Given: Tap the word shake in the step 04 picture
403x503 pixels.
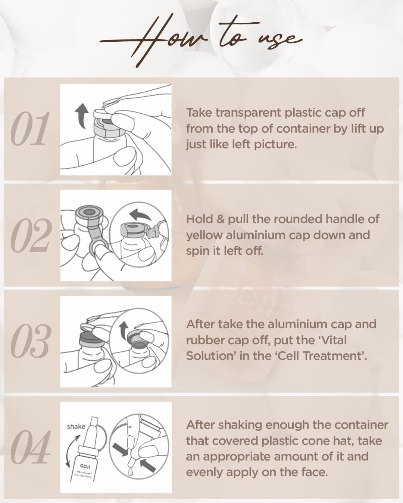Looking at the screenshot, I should (x=76, y=426).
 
